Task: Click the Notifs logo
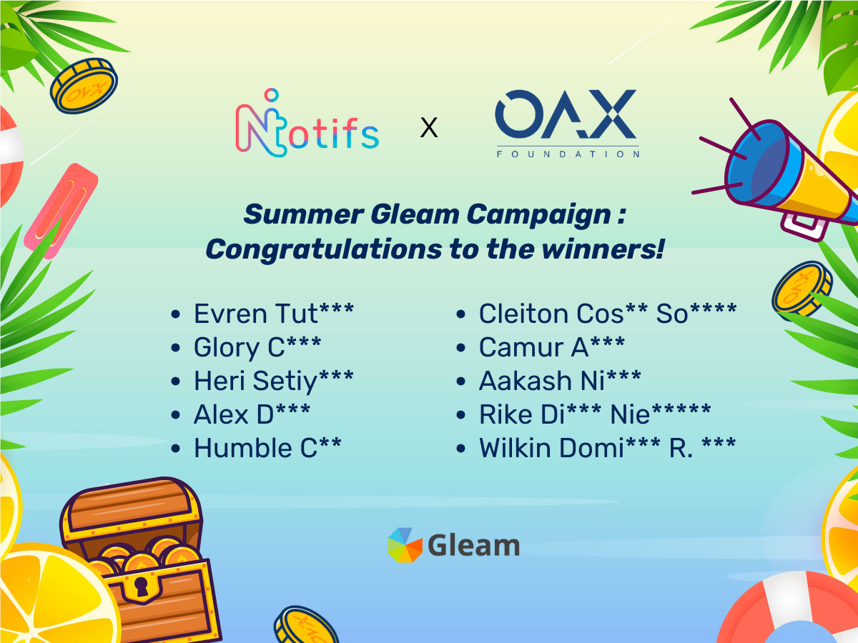click(x=307, y=123)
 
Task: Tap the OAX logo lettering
click(x=566, y=114)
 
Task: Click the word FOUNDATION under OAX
click(x=568, y=154)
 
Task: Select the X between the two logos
click(x=429, y=127)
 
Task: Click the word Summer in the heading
click(x=303, y=214)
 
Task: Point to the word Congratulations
click(x=324, y=249)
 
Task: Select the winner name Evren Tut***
click(x=274, y=314)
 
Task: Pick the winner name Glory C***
click(x=257, y=347)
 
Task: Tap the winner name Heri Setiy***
click(x=274, y=381)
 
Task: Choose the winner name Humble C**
click(x=267, y=448)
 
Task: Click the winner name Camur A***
click(x=552, y=347)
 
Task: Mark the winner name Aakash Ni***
click(x=560, y=381)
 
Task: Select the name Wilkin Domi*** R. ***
click(x=608, y=448)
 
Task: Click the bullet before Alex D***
click(x=175, y=415)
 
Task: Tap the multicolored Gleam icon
click(x=405, y=545)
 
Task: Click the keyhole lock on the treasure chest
click(x=141, y=586)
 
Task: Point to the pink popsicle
click(x=61, y=211)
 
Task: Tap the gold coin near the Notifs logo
click(x=84, y=86)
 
